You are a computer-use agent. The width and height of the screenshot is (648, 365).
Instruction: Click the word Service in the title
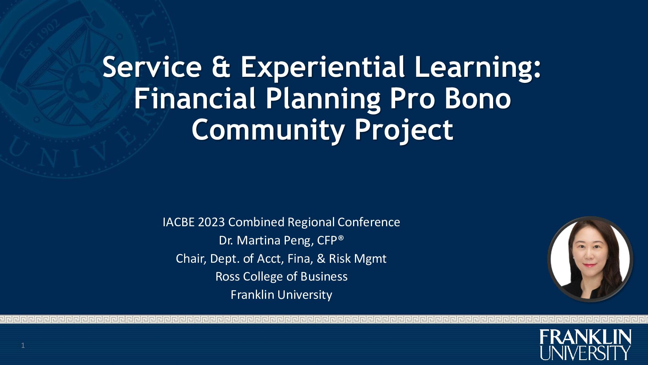click(152, 67)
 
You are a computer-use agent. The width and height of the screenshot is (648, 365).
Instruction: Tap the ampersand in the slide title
click(221, 67)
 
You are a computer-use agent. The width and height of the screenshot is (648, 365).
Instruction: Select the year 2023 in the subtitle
click(211, 222)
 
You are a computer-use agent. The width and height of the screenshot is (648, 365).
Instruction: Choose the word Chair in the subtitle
click(191, 259)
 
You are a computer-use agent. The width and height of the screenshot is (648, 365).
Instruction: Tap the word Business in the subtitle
click(324, 277)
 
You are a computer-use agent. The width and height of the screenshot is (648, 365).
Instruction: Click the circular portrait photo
click(590, 259)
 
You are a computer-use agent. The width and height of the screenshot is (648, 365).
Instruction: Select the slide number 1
click(23, 345)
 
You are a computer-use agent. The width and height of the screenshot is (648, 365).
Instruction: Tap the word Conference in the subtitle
click(369, 222)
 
